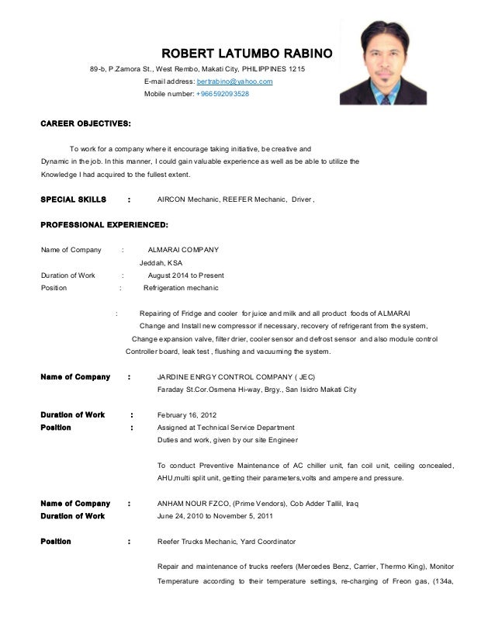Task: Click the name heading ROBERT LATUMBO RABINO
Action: point(246,54)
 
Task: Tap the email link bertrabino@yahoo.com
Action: point(234,81)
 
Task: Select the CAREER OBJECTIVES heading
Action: point(85,123)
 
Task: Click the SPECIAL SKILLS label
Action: point(73,199)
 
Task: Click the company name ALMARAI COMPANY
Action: point(183,250)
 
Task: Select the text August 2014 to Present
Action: point(185,275)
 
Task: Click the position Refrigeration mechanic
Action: point(182,288)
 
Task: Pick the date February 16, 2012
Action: point(187,414)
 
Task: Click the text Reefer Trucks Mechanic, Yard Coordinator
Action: point(226,541)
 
